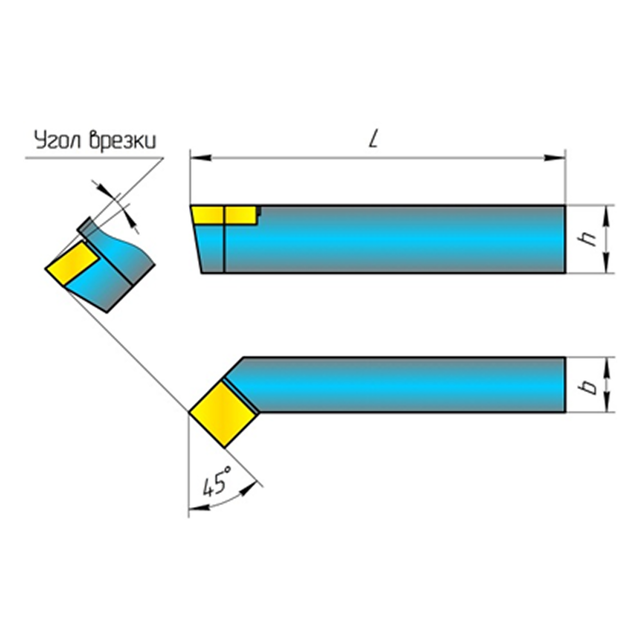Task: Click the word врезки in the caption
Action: tap(122, 140)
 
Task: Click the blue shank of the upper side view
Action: tap(397, 239)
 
